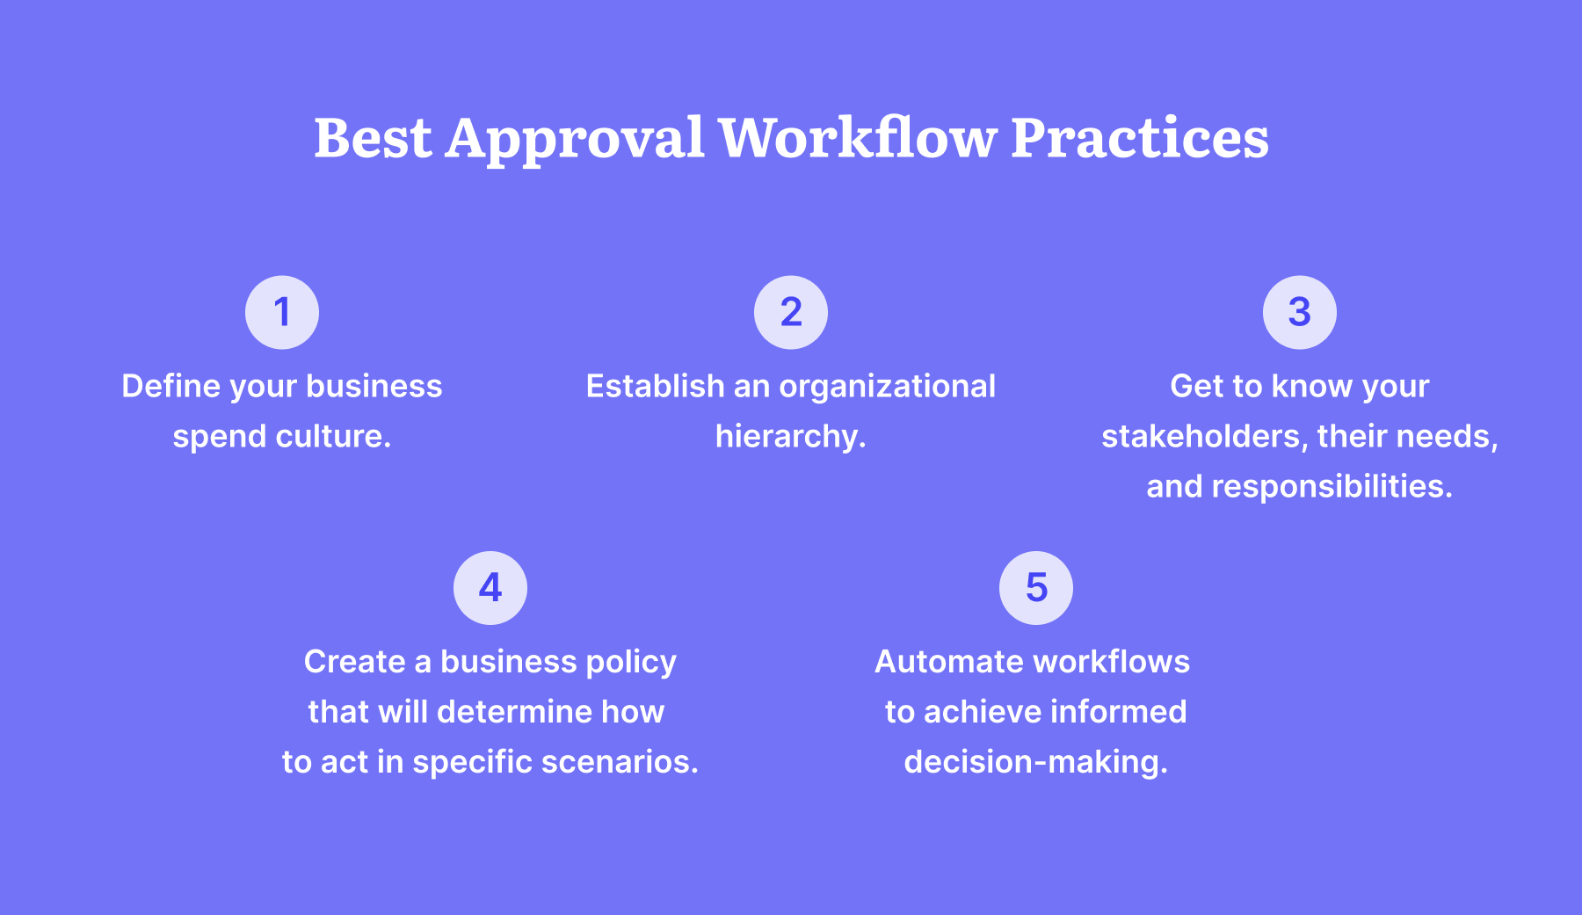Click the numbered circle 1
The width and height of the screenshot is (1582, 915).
click(282, 312)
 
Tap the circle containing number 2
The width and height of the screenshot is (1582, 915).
click(791, 312)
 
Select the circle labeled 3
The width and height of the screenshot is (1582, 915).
click(1300, 312)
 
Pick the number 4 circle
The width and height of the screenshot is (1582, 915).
click(490, 588)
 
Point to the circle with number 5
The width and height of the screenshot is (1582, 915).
click(1036, 588)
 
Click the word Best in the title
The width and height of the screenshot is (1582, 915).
click(373, 138)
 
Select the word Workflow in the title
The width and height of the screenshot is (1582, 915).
click(858, 137)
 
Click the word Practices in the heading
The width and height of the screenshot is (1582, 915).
click(1140, 138)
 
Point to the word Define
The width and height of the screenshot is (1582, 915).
click(171, 386)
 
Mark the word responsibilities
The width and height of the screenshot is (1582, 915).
click(1332, 487)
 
